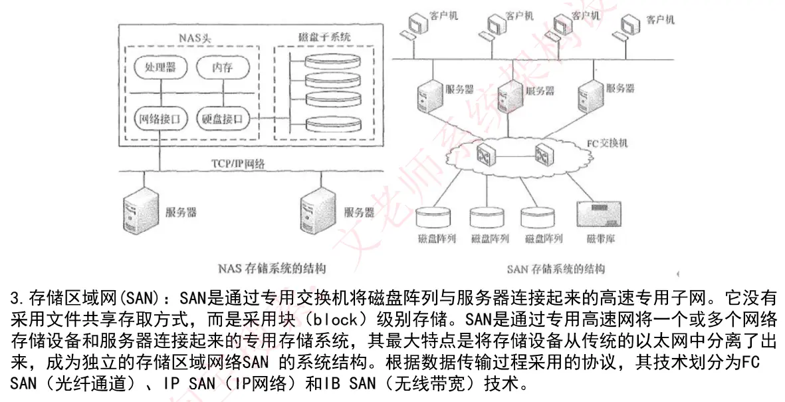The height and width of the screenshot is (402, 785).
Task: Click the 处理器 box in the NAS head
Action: coord(160,67)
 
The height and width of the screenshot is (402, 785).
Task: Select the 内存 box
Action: coord(222,67)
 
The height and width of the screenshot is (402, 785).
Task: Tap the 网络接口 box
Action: coord(160,120)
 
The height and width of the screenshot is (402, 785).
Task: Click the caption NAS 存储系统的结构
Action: coord(272,268)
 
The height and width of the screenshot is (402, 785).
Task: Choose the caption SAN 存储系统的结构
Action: coord(556,269)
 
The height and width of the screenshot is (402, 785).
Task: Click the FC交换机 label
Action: coord(607,143)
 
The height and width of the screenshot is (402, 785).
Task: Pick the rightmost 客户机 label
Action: coord(660,20)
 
